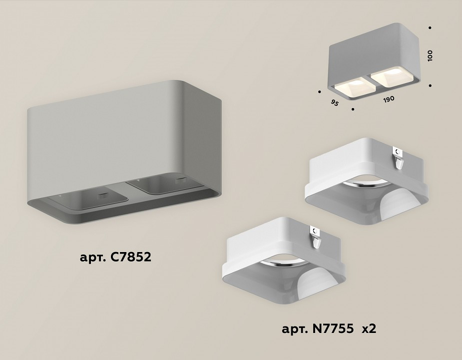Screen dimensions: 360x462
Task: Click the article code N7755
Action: (329, 329)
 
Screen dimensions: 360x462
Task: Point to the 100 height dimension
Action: (430, 55)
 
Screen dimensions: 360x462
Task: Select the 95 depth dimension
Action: (335, 103)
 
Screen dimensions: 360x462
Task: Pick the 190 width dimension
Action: (389, 99)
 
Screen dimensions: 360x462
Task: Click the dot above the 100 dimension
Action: (430, 28)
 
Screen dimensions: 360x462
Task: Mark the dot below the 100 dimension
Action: (430, 84)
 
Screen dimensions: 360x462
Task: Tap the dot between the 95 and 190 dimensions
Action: (353, 108)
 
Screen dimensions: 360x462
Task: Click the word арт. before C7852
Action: (91, 259)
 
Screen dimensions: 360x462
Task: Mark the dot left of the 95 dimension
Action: (318, 91)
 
